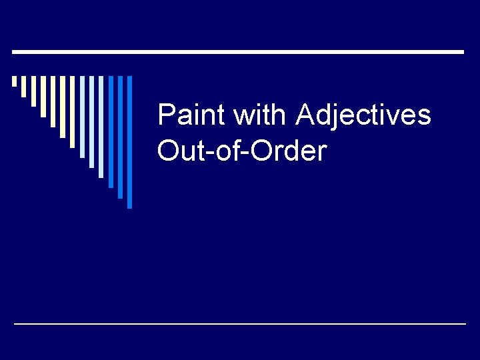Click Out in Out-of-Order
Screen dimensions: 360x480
(x=177, y=151)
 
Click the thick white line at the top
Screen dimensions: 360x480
(x=238, y=51)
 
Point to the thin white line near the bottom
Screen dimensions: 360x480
(x=240, y=323)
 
